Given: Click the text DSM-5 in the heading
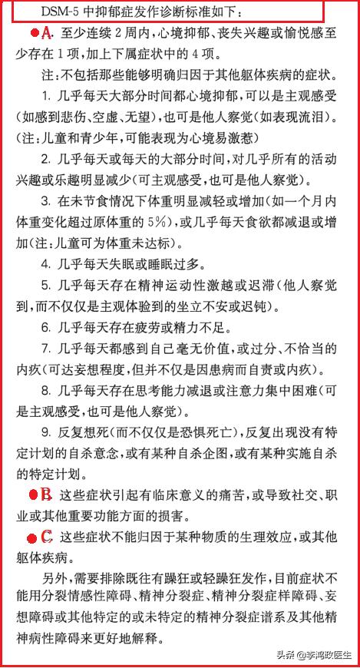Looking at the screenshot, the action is (41, 12).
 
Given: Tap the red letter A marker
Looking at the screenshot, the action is (45, 32).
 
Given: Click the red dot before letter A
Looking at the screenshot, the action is (34, 33).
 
